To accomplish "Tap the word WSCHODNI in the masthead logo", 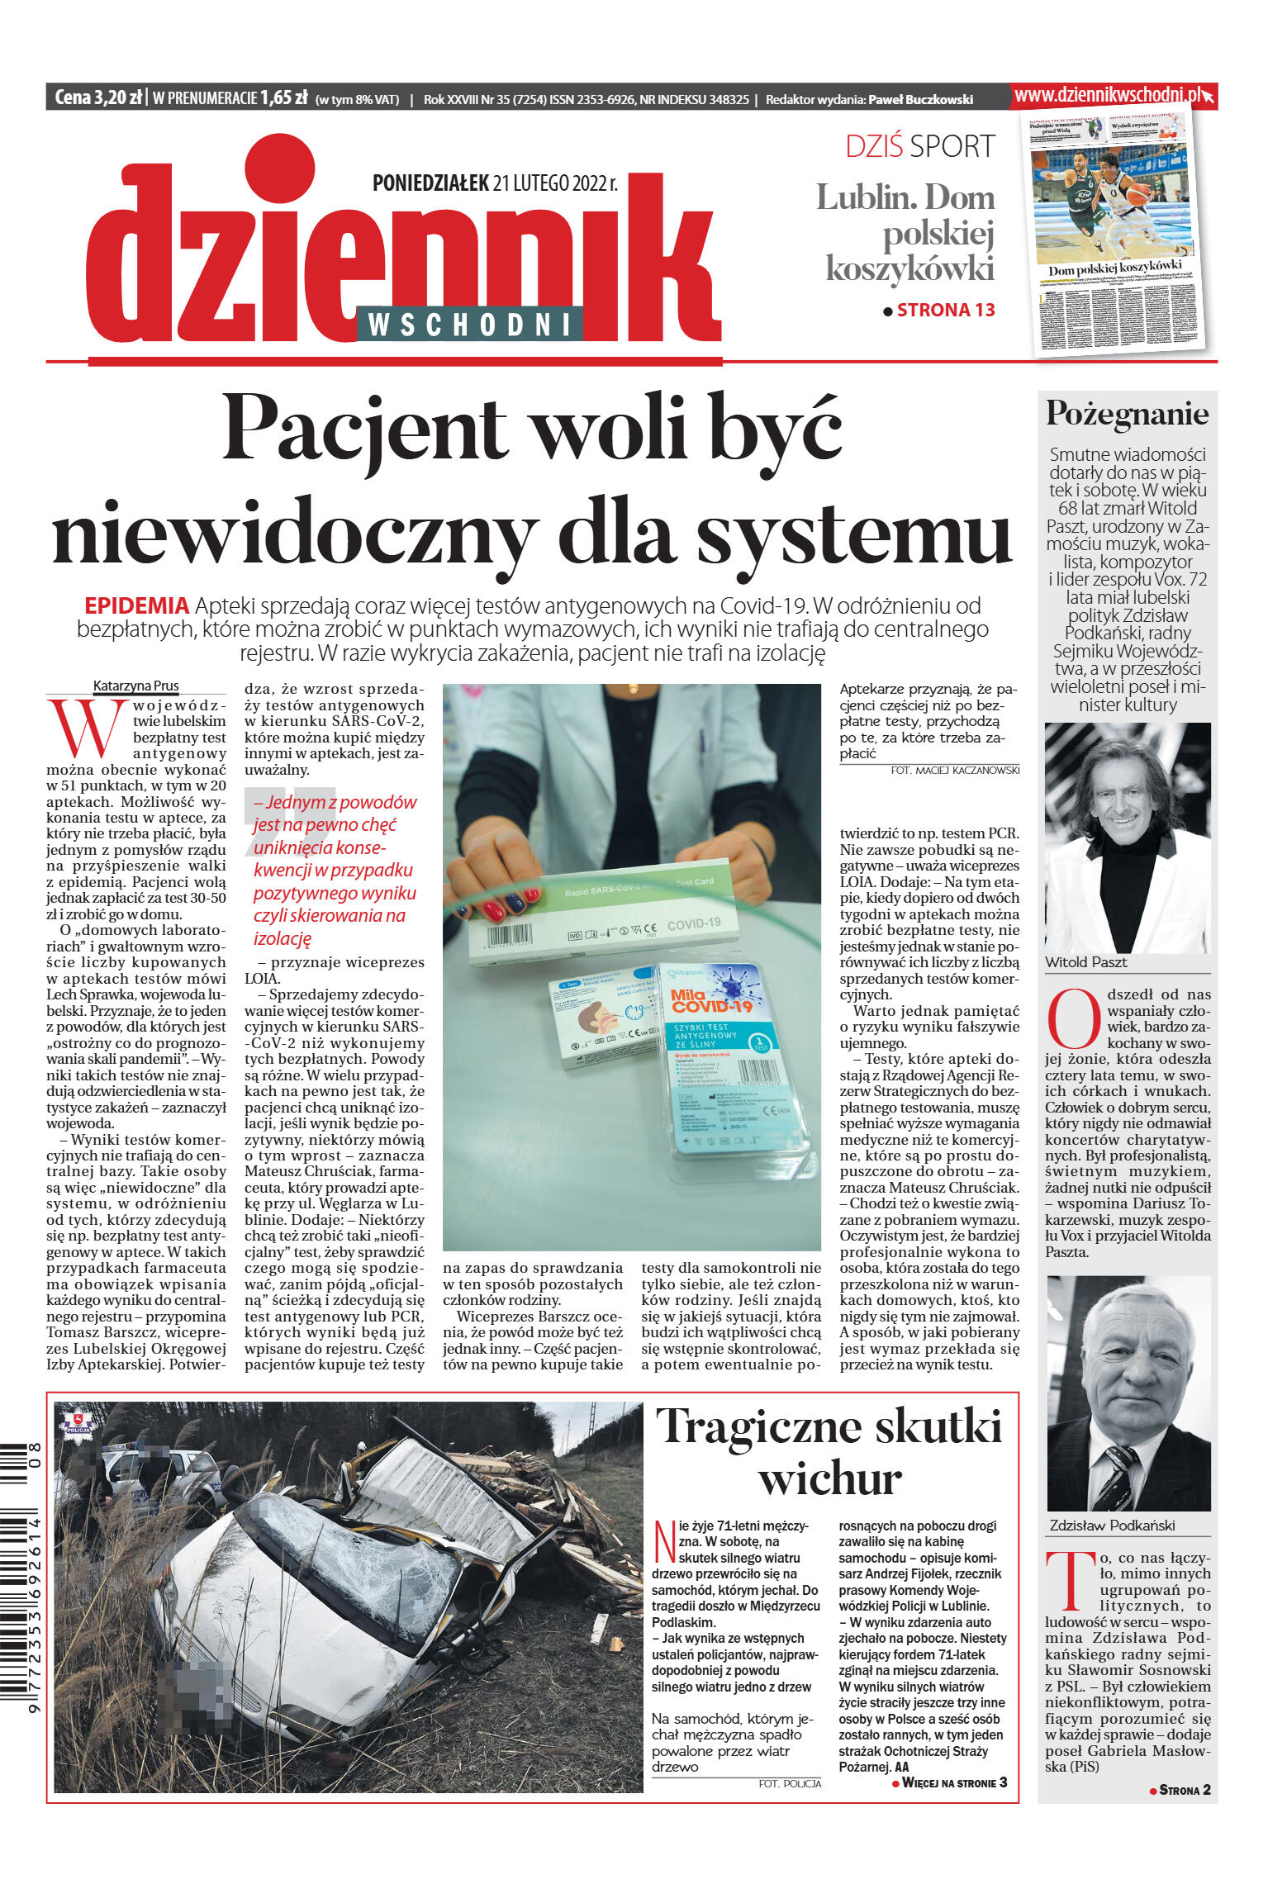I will click(468, 325).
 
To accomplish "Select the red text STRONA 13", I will click(945, 311).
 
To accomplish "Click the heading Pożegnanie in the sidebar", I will click(1127, 413).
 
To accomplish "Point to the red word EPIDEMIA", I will click(136, 605).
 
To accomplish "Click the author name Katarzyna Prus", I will click(135, 686).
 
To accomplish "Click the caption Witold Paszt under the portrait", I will click(1085, 962).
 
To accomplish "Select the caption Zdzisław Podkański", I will click(1111, 1526).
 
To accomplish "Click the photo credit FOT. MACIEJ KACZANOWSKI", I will click(955, 770).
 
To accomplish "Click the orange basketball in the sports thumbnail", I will click(1138, 194).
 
